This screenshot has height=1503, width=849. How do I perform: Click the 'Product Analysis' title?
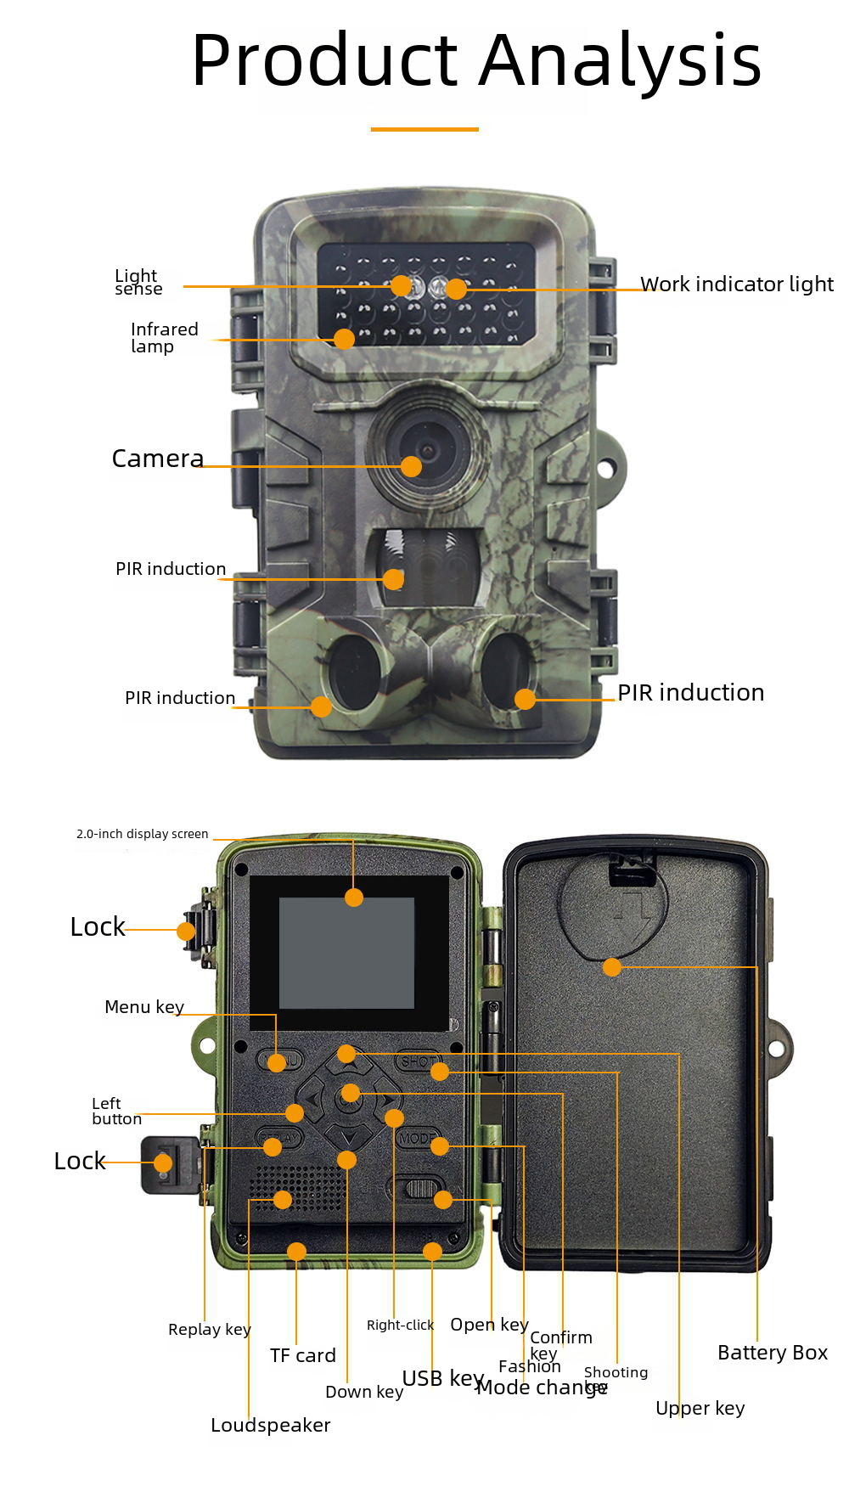click(x=476, y=61)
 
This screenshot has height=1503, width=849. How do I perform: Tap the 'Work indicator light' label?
click(x=736, y=284)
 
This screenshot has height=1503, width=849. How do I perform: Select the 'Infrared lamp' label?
click(x=164, y=337)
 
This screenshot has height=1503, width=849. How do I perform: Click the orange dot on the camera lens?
click(x=411, y=466)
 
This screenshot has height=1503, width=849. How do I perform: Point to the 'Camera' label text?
click(x=158, y=459)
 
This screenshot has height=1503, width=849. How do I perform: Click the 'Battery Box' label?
click(x=772, y=1353)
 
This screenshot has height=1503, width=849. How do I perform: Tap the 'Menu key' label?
click(x=144, y=1007)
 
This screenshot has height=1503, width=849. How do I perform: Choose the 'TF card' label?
click(x=303, y=1356)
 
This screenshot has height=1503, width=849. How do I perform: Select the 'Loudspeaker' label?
click(x=270, y=1426)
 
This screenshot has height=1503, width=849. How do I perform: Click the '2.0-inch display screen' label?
click(x=142, y=834)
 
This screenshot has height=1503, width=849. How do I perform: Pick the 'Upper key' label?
click(x=700, y=1409)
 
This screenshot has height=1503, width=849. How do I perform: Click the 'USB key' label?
click(x=442, y=1378)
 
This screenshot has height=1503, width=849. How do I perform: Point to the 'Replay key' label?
click(x=209, y=1330)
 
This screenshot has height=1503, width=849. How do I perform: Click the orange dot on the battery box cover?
click(x=612, y=967)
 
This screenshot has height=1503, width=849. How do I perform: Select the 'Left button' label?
click(x=116, y=1111)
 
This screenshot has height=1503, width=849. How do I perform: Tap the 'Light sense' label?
click(x=138, y=282)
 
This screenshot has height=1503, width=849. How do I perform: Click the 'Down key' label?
click(x=364, y=1392)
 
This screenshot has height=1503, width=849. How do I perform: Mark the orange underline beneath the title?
click(x=424, y=129)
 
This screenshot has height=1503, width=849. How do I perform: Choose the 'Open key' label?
click(x=489, y=1325)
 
